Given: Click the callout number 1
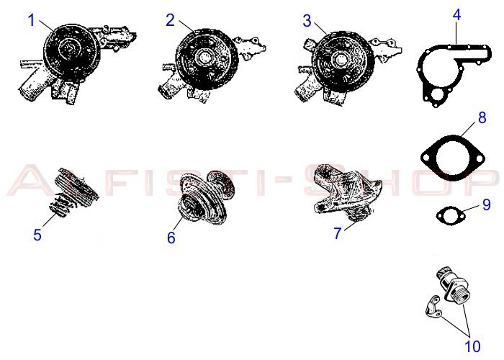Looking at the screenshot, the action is (x=31, y=20).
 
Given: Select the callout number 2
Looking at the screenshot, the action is (x=171, y=20).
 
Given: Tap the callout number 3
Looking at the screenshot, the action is (x=307, y=21).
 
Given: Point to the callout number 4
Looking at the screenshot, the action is (x=456, y=15).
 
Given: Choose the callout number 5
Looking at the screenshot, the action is (x=37, y=235).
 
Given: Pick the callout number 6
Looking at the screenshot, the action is (x=171, y=238).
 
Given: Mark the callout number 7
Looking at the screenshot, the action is (x=337, y=233).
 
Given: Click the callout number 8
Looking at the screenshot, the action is (x=482, y=117).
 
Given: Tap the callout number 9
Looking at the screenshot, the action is (x=487, y=204).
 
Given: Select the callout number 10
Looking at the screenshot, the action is (x=472, y=346).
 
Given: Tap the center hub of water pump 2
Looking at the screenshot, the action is (x=204, y=57).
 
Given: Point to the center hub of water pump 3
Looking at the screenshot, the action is (x=340, y=58).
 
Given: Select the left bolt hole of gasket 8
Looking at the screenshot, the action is (x=426, y=158).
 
